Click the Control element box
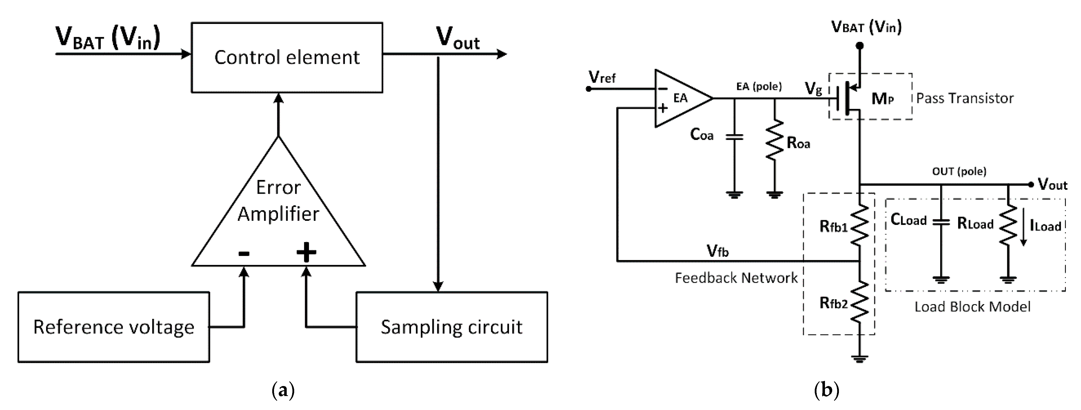coord(287,58)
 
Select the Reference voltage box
coord(114,327)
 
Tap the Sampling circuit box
coord(451,327)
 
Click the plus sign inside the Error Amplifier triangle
coord(306,252)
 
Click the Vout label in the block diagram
coord(457,39)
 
